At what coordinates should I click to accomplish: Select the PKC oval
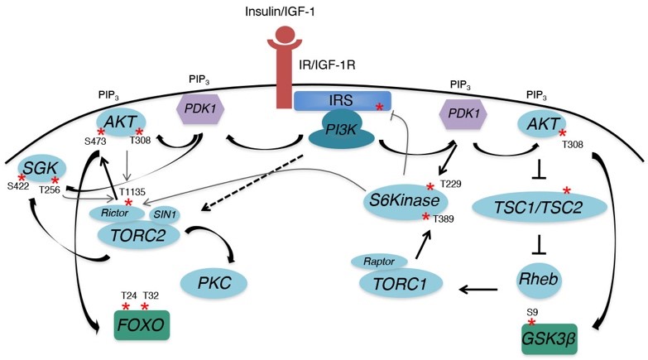[225, 282]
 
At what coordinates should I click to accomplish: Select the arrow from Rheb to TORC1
[479, 290]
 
